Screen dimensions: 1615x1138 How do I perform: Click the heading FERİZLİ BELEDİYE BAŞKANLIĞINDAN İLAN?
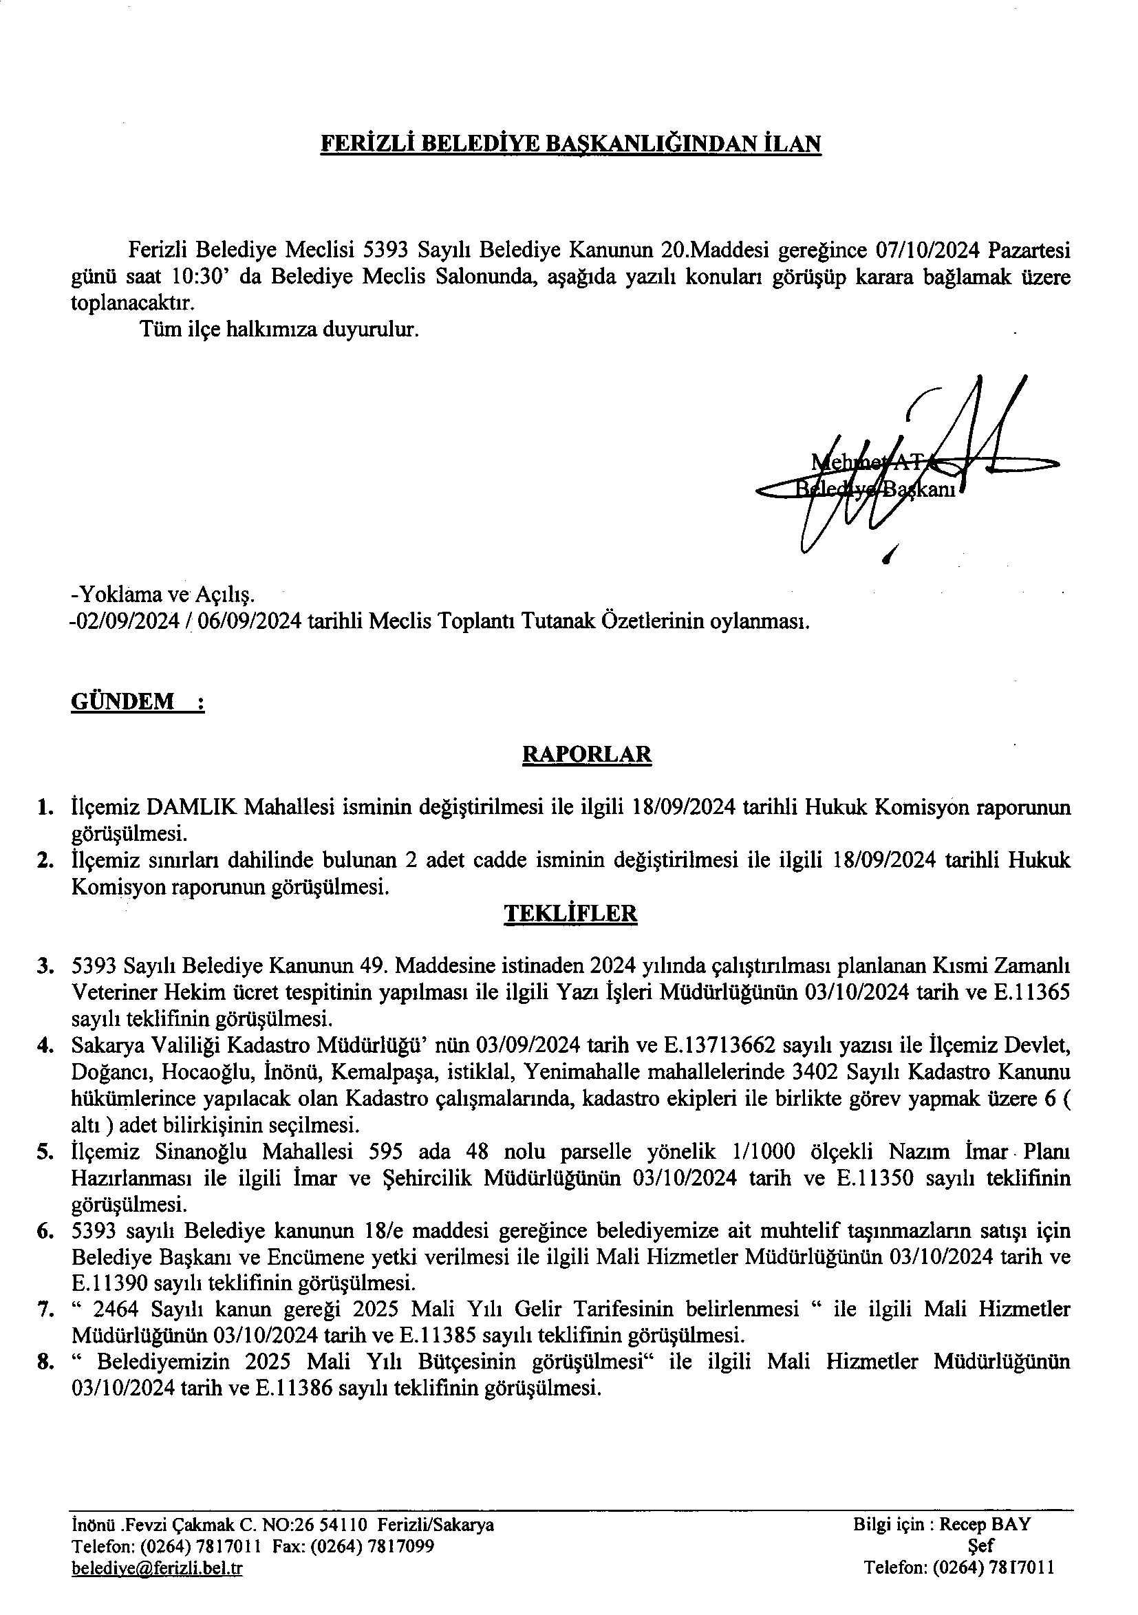(570, 144)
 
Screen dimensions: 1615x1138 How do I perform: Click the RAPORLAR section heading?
(587, 754)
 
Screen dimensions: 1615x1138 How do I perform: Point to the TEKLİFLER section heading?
(570, 913)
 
